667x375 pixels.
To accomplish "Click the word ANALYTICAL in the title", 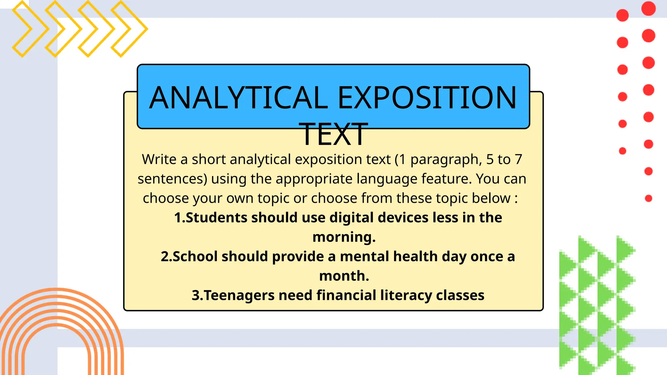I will click(238, 98).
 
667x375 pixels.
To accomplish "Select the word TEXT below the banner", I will click(333, 134).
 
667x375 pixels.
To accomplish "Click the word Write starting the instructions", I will click(159, 160).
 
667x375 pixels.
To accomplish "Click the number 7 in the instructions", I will click(518, 160).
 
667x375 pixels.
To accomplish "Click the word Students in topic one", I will click(216, 218).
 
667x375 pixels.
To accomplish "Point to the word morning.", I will click(344, 237).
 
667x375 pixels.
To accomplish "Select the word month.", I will click(344, 276).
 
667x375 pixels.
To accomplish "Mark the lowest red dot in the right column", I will click(648, 198).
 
